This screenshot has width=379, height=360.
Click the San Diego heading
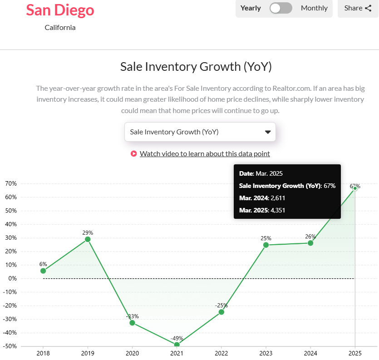tap(60, 10)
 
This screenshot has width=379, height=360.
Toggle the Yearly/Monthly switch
tap(281, 8)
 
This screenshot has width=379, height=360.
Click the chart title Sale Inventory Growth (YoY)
tap(196, 67)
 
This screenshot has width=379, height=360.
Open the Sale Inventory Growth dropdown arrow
tap(267, 132)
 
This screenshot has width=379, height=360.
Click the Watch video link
tap(205, 153)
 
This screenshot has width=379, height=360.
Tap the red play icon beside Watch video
tap(133, 154)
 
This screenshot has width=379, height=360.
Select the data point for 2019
tap(88, 239)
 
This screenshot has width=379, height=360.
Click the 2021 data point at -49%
tap(177, 345)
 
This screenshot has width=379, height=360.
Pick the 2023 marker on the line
tap(266, 245)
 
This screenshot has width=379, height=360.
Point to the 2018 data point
tap(43, 271)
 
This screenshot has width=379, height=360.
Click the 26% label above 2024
tap(310, 237)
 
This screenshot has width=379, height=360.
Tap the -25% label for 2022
tap(221, 306)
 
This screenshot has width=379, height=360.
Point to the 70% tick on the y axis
tap(11, 184)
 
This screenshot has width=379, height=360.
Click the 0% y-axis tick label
tap(12, 279)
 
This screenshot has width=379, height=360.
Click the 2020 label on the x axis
tap(132, 353)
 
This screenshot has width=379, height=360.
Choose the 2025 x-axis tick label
tap(355, 353)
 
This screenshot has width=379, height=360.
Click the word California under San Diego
tap(60, 28)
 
